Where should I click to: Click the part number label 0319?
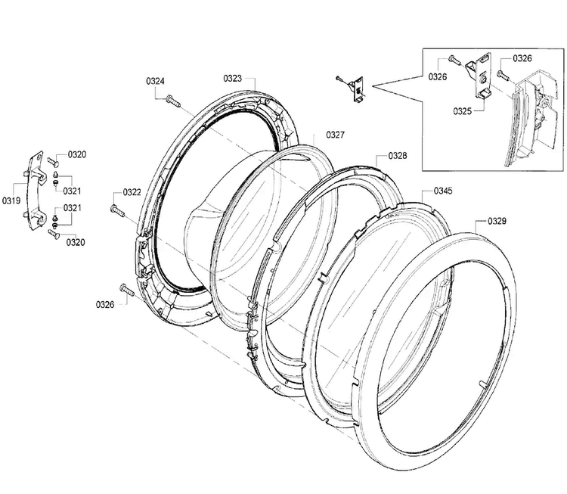[11, 200]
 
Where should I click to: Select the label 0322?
[132, 192]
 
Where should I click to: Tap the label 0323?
[233, 79]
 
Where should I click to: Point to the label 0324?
[156, 81]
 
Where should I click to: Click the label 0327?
[335, 135]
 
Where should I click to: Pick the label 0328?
[398, 156]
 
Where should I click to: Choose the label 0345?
[443, 191]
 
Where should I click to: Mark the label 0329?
[497, 221]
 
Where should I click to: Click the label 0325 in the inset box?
[463, 111]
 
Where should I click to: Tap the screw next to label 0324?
[173, 101]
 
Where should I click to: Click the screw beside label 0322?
[117, 211]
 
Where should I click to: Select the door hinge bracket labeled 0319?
[36, 191]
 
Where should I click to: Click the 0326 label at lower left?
[105, 305]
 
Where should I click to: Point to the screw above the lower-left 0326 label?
[127, 290]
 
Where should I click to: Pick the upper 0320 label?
[77, 154]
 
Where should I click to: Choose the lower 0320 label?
[75, 242]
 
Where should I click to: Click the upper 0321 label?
[72, 191]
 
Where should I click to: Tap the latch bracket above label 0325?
[479, 76]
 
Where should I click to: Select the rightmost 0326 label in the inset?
[522, 58]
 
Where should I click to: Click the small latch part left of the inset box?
[355, 88]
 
